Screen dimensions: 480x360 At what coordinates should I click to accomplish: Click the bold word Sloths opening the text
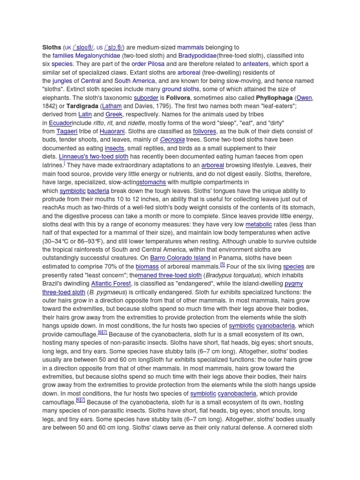[x=52, y=47]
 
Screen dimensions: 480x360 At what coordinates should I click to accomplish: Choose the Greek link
[x=114, y=115]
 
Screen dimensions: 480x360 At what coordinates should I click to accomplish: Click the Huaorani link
[x=112, y=132]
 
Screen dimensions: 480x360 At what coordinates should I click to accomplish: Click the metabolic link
[x=258, y=225]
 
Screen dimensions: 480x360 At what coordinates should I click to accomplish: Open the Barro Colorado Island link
[x=180, y=258]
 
